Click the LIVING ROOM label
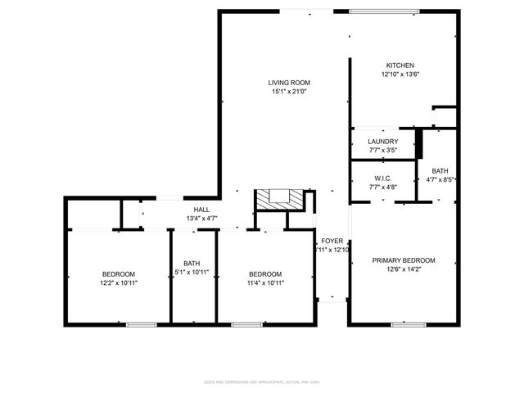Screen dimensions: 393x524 point(289,83)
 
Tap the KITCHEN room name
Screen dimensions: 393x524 point(400,65)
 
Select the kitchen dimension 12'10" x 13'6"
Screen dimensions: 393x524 point(400,75)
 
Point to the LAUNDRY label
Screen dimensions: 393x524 point(382,142)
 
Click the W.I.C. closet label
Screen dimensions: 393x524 point(382,178)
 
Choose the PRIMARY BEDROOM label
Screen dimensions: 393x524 point(404,260)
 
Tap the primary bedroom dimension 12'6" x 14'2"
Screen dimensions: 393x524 point(404,269)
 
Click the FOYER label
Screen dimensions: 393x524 point(332,241)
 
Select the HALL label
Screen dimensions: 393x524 point(201,209)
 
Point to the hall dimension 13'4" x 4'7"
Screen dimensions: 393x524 point(201,218)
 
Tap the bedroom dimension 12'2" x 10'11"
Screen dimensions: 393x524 point(119,282)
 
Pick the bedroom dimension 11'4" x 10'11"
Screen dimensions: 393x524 point(265,282)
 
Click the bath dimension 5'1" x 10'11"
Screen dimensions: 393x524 point(192,273)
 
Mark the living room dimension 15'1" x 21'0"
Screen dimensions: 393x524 point(289,92)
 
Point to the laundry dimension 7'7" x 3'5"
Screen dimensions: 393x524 point(382,151)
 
